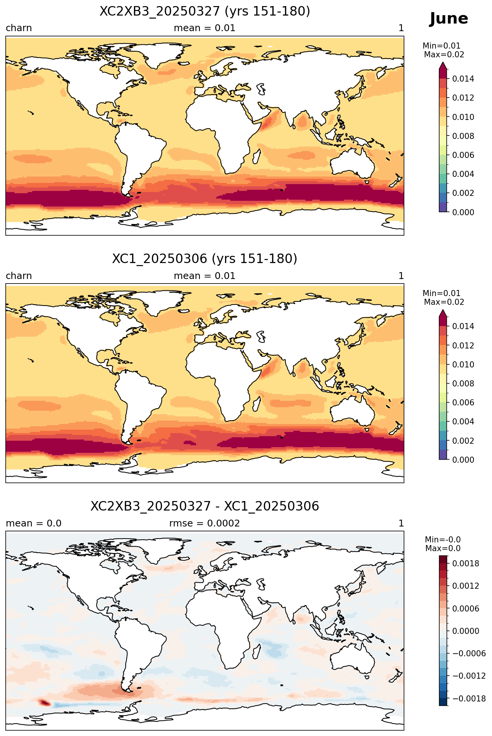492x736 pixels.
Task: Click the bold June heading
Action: [449, 19]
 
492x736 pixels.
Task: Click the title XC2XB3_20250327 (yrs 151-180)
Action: [205, 11]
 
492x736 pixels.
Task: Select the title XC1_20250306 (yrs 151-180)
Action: [205, 259]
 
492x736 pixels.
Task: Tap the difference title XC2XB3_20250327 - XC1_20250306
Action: [205, 506]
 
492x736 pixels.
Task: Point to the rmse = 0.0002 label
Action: [204, 523]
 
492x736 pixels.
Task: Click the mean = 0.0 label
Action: [33, 523]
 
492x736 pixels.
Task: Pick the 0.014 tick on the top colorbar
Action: [463, 79]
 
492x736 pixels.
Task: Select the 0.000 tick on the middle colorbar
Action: [463, 460]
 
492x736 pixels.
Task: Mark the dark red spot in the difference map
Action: [44, 703]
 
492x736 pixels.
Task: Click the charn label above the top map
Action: [19, 28]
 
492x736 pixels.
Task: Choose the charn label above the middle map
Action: [19, 276]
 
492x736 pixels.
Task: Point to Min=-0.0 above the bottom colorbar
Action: [443, 540]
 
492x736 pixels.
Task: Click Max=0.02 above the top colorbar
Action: [444, 55]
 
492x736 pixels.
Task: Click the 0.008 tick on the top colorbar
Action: [463, 136]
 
